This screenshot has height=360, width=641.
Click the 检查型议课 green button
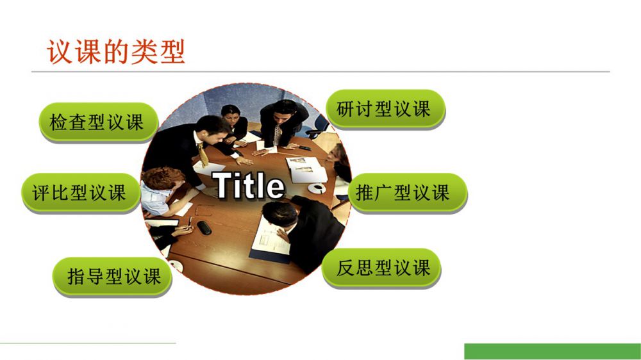click(98, 122)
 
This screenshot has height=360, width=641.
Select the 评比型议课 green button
click(81, 193)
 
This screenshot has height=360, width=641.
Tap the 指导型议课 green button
click(112, 277)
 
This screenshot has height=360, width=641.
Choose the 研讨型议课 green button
click(385, 109)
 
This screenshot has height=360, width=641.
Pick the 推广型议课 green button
click(408, 193)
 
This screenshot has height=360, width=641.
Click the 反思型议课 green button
click(381, 268)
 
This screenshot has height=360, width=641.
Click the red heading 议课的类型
click(116, 52)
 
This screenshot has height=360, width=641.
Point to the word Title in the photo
click(248, 186)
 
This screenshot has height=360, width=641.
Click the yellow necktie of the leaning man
click(203, 154)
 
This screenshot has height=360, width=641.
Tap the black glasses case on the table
click(204, 227)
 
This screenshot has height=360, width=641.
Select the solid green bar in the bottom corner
click(553, 352)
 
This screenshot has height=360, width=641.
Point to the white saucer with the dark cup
click(317, 188)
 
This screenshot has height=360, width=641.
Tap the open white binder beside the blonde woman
click(306, 170)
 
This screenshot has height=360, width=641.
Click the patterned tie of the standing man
click(278, 135)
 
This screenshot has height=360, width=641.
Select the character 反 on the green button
click(345, 268)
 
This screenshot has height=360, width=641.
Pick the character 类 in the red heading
click(144, 52)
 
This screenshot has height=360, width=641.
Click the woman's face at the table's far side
click(229, 117)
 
